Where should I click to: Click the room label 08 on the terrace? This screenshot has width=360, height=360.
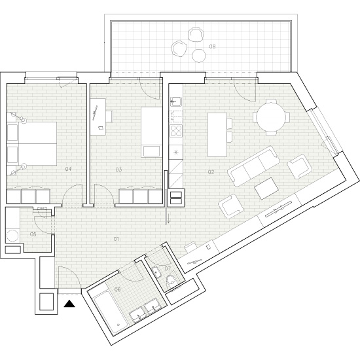(212, 47)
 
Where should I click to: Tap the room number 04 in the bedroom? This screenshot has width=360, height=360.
(68, 170)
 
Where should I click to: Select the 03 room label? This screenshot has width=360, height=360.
(118, 170)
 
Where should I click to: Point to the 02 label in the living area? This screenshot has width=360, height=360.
(211, 173)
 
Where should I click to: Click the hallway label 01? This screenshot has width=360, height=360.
(116, 239)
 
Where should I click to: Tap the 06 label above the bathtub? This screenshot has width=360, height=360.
(118, 289)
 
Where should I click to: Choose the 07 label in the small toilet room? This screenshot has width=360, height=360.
(168, 268)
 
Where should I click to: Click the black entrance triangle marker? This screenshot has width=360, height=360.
(70, 303)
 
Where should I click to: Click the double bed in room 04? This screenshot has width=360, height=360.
(31, 144)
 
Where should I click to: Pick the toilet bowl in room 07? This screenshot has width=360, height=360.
(171, 281)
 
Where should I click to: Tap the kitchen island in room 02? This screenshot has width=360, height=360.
(218, 134)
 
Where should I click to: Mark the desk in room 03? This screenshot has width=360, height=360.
(98, 117)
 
